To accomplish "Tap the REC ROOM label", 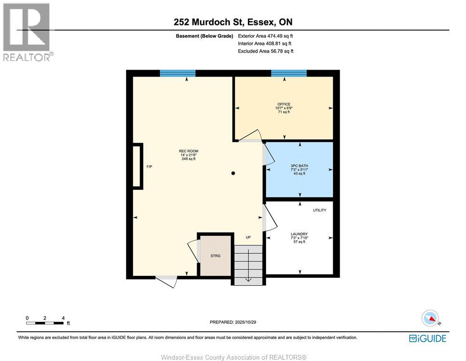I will [187, 151].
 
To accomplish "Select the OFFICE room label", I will [283, 104].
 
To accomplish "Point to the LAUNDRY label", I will [299, 234].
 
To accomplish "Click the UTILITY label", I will [320, 210].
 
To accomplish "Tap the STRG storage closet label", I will [215, 256].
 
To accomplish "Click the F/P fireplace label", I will [149, 167].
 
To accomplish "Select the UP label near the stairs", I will [248, 237].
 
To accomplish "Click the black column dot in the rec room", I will [233, 173].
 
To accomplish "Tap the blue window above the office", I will [289, 73].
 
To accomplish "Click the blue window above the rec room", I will [177, 73].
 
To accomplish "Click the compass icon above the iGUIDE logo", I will [430, 319].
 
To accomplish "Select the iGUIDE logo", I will [428, 338].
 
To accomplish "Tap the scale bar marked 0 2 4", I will [45, 322].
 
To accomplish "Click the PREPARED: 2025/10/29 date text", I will [233, 322].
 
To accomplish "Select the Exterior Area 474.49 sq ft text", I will [266, 36].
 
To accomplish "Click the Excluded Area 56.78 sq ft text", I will [266, 51].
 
